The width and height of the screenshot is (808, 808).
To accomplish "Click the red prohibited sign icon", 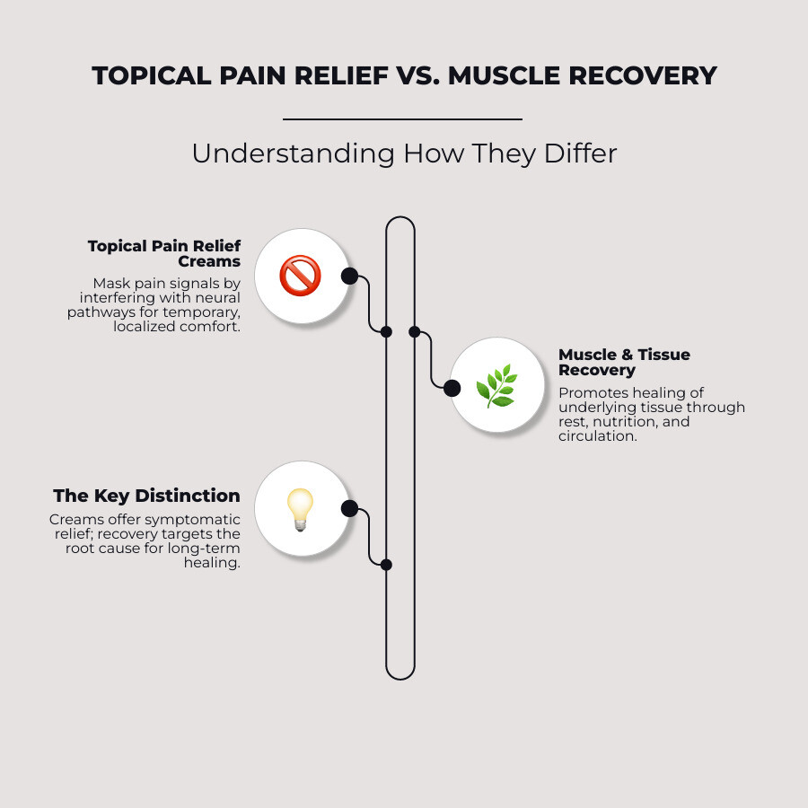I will (301, 276).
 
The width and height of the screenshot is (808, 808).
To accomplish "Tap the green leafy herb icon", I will (496, 386).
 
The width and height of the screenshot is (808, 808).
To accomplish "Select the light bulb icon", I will (301, 509).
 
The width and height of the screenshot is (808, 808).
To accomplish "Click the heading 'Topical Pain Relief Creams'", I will (164, 253).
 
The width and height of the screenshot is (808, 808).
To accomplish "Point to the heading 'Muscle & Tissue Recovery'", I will (624, 362).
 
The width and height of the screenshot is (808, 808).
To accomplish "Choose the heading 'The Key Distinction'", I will (146, 496).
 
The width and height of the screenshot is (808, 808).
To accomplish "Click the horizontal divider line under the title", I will (402, 119).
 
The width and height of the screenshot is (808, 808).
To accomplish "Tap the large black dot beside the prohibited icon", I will (349, 276).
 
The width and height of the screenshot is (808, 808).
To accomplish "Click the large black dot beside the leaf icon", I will (452, 388).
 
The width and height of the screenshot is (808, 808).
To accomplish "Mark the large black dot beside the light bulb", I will (349, 509).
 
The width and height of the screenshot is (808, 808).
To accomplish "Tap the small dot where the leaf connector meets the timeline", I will (415, 331).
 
